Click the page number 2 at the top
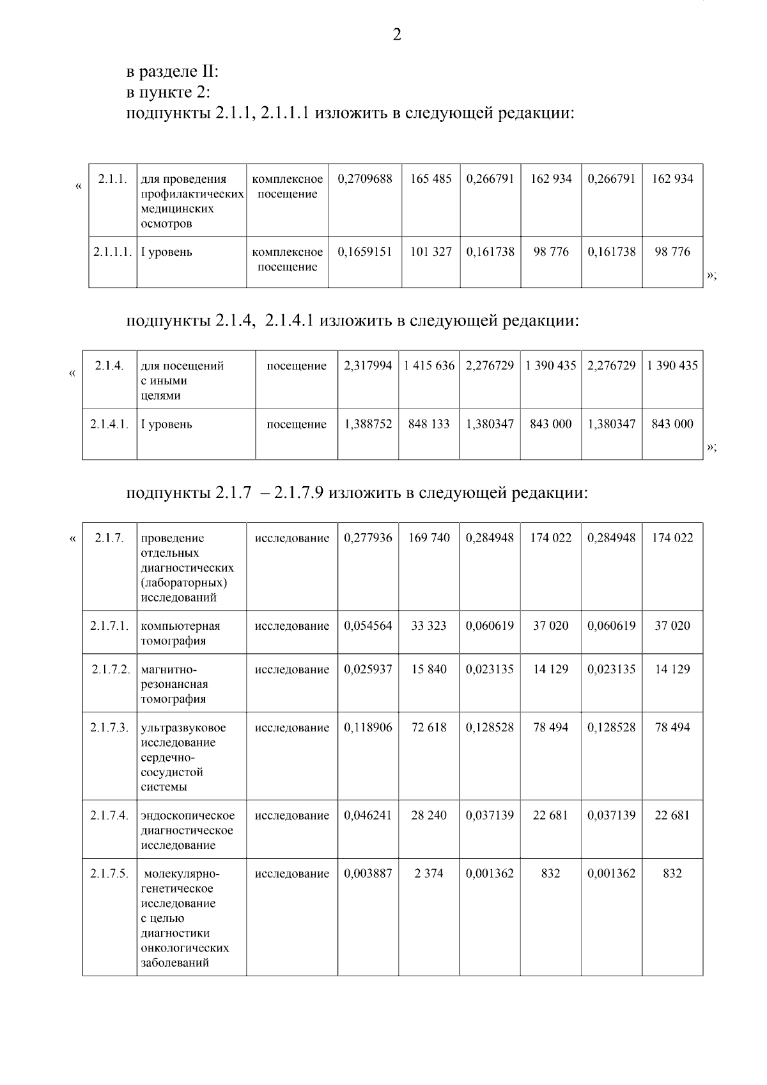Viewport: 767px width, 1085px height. click(396, 35)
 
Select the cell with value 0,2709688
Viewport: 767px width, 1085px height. click(365, 179)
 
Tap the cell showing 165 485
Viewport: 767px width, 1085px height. click(430, 179)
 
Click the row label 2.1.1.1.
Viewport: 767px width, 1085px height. click(112, 252)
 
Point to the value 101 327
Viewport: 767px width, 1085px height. click(430, 252)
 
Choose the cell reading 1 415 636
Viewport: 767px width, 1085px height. click(429, 366)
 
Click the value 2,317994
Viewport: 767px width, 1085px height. click(368, 366)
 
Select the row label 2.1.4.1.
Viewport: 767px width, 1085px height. click(109, 424)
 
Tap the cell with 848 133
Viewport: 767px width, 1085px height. click(429, 424)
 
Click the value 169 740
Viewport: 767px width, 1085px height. click(429, 538)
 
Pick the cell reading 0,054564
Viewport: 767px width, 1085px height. click(368, 626)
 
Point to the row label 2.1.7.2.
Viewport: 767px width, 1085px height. click(111, 669)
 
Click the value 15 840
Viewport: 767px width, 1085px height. click(429, 669)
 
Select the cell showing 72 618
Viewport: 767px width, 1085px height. click(429, 728)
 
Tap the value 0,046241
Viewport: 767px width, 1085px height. click(368, 815)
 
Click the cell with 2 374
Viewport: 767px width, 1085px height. click(429, 873)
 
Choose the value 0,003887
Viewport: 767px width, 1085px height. click(368, 873)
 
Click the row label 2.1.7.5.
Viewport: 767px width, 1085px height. click(109, 873)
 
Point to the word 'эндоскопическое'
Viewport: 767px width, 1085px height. click(188, 816)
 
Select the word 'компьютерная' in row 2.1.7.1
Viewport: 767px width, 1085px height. click(180, 627)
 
